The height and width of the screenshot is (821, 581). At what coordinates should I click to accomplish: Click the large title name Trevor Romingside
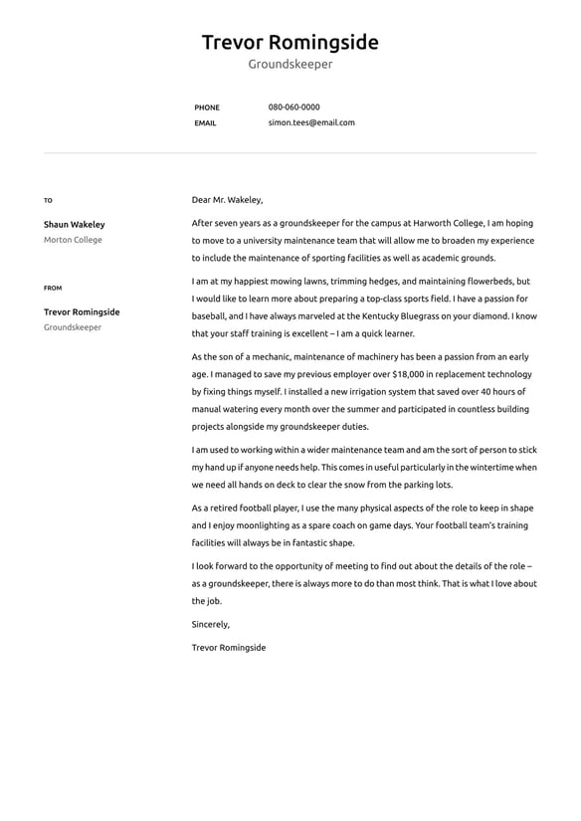290,42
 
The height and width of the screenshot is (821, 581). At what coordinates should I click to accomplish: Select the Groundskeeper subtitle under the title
290,65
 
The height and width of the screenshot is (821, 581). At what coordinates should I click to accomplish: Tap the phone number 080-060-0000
293,107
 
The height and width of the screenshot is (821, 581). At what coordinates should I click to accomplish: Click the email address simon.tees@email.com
310,123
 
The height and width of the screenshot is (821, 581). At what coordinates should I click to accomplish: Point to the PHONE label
207,107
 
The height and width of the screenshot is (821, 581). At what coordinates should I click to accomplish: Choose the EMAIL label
205,123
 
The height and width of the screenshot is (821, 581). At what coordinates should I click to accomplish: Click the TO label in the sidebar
48,201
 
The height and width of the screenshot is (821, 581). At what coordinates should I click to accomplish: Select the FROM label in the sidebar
53,289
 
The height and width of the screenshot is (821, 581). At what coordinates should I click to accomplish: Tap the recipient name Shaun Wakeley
74,225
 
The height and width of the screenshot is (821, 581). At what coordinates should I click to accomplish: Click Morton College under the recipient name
73,241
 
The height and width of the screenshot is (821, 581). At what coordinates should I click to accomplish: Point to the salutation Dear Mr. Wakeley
227,200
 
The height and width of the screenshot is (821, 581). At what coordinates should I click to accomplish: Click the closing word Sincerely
210,625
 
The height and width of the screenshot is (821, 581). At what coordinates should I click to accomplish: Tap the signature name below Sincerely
229,648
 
